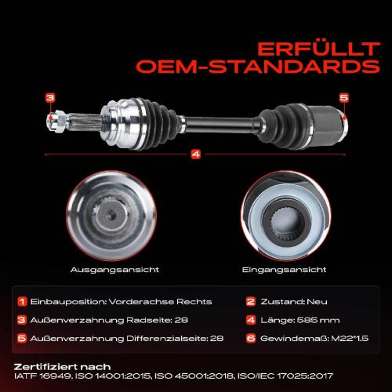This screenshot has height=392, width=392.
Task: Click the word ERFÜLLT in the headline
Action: pos(318,49)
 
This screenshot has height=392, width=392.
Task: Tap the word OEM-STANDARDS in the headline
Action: pos(258,67)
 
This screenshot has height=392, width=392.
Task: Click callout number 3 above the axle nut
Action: pos(50,98)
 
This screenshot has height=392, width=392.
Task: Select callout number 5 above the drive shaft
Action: pos(344,98)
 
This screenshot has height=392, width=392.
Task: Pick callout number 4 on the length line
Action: pos(196,154)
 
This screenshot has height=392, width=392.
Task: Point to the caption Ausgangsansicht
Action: pos(114,270)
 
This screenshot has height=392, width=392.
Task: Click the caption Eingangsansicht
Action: pos(284,270)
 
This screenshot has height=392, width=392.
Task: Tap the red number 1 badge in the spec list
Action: pos(22,301)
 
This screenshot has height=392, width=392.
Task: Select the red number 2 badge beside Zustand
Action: pos(251,301)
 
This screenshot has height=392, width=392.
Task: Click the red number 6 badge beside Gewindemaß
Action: pos(251,338)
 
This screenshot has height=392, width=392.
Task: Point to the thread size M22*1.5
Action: pos(350,339)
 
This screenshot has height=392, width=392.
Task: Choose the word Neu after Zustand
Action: pos(317,302)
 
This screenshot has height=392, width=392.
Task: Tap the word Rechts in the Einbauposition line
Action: pos(194,302)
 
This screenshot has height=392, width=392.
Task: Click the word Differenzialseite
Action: pos(167,339)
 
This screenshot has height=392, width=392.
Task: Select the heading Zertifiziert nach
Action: pos(62,367)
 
